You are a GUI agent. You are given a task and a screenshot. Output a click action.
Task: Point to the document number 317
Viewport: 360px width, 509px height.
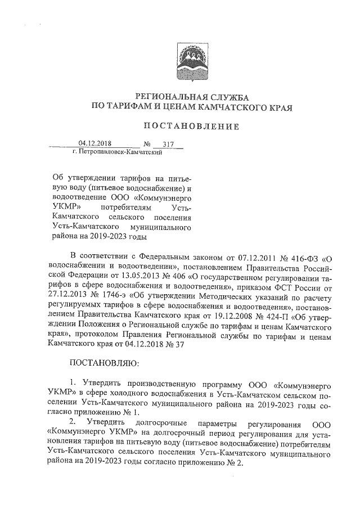[168, 144]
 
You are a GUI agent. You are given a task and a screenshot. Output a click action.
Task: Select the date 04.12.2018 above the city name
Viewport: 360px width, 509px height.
[93, 143]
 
